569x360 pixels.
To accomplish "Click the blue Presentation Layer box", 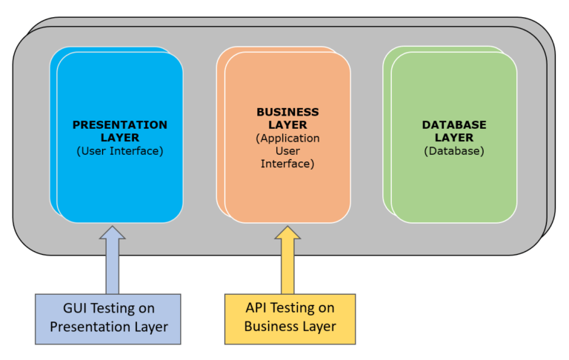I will click(x=119, y=185).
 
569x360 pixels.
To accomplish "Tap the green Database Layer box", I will click(x=453, y=185).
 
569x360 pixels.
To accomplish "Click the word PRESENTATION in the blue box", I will click(x=119, y=124).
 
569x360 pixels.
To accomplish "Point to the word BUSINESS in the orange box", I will click(x=287, y=112).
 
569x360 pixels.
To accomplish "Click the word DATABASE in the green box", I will click(x=453, y=124).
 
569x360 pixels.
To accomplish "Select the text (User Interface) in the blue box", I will click(x=119, y=150).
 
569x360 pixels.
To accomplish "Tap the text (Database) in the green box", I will click(x=453, y=150).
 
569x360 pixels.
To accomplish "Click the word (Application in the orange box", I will click(x=287, y=138).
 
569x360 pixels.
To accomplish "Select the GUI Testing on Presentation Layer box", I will click(x=107, y=319).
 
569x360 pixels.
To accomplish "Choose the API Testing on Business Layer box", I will click(x=290, y=319).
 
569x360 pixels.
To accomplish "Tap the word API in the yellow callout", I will click(x=257, y=307).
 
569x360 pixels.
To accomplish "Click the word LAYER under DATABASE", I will click(x=453, y=138).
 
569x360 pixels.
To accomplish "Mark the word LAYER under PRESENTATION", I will click(x=119, y=138).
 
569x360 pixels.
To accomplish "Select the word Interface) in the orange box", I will click(x=287, y=164).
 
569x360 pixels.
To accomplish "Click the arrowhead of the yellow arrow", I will click(x=287, y=233).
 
